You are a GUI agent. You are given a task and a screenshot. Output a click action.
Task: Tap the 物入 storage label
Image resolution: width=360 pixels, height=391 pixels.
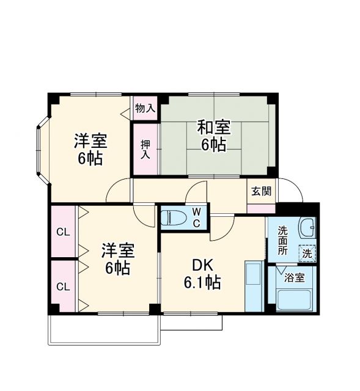[x=145, y=108]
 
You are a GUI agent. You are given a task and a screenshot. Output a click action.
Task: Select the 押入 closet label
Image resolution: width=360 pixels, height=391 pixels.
[x=145, y=149]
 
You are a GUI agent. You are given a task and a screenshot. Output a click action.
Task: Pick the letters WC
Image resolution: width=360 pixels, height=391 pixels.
[x=197, y=217]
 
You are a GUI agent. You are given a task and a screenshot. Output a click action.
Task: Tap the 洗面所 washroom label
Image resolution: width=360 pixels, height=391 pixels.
[x=282, y=240]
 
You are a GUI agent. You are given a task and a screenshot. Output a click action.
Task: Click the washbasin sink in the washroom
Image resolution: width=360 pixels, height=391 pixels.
[x=308, y=230]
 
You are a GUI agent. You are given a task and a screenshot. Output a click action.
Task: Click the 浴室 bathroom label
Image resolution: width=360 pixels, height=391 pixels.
[x=295, y=277]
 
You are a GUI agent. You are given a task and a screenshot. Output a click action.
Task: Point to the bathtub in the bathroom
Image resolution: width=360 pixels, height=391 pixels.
[x=293, y=299]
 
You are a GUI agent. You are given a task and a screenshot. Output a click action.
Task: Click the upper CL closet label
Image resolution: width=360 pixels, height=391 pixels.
[x=62, y=232]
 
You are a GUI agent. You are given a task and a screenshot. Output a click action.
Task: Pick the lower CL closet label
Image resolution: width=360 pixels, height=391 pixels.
[x=62, y=286]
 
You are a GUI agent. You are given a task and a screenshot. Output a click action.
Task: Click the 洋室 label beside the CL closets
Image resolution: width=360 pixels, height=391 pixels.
[x=117, y=251]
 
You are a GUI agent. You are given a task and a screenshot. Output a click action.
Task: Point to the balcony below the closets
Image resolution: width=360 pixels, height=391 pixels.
[x=104, y=330]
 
